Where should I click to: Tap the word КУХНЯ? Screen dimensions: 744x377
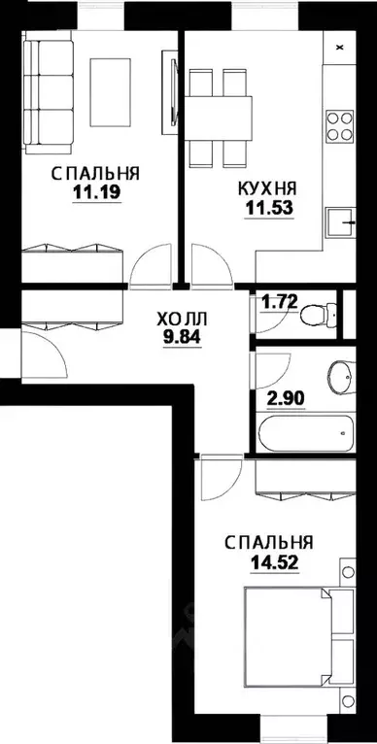pyautogui.click(x=267, y=187)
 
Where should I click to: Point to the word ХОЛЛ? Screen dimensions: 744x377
pyautogui.click(x=182, y=319)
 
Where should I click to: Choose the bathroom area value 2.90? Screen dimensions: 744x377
pyautogui.click(x=282, y=397)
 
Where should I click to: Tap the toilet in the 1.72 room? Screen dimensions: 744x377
pyautogui.click(x=314, y=314)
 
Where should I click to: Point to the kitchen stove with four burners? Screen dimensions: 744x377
pyautogui.click(x=340, y=125)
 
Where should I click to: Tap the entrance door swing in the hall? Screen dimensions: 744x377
pyautogui.click(x=44, y=355)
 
